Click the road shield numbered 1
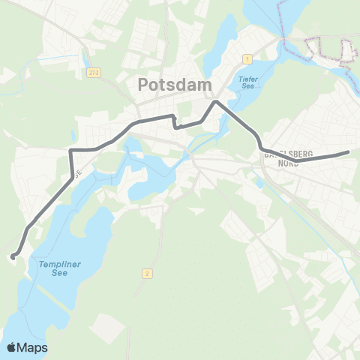(246, 58)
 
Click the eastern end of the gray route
(349, 152)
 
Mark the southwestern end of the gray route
(13, 258)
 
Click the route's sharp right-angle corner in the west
(71, 151)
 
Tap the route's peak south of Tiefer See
(216, 101)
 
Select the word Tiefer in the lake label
(247, 78)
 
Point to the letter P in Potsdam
(143, 85)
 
